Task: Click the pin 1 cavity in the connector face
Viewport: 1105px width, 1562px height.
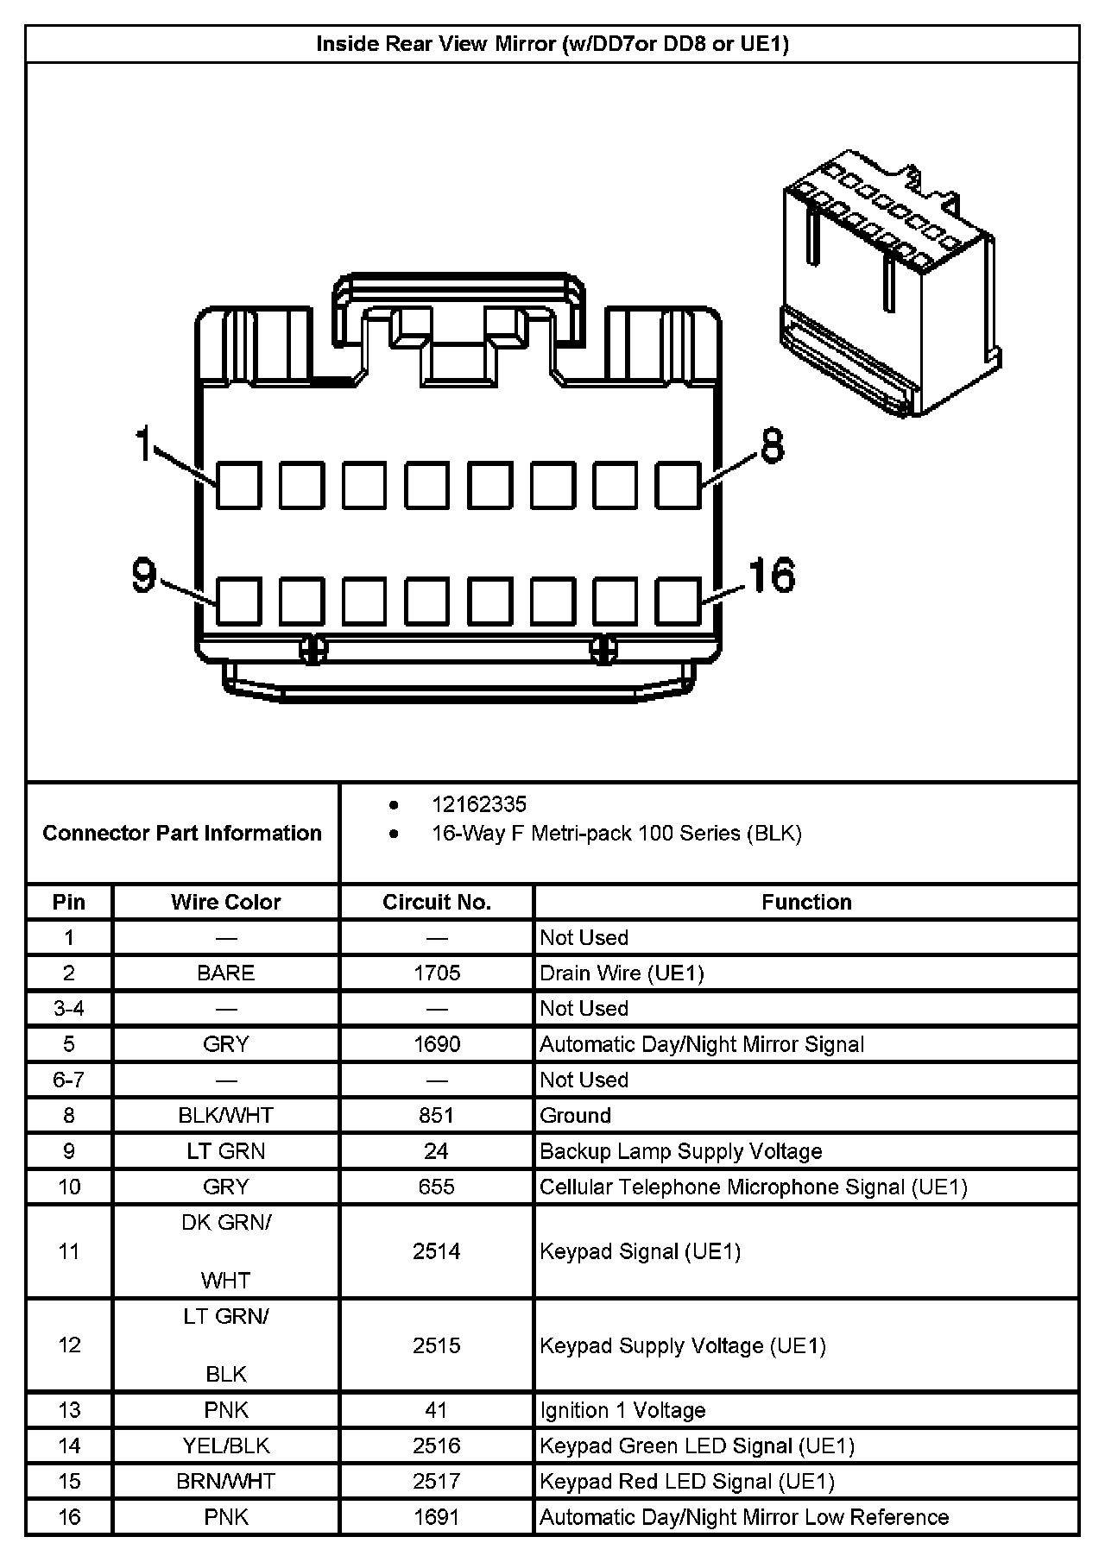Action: (238, 485)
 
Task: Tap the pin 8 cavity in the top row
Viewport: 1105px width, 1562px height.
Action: (678, 485)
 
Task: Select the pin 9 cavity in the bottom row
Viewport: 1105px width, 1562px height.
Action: (238, 601)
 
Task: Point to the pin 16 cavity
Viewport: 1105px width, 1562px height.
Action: (678, 601)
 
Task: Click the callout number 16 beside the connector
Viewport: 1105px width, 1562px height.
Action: (771, 576)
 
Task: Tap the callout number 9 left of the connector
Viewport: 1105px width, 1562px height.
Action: (144, 576)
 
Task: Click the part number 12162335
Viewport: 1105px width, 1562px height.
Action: (479, 804)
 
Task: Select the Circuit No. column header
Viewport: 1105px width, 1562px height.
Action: (437, 902)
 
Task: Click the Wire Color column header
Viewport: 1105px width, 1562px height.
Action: (225, 902)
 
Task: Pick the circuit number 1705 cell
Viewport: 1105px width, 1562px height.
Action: (437, 973)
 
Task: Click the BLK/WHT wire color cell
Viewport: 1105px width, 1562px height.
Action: (225, 1115)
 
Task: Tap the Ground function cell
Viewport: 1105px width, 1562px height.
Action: (576, 1115)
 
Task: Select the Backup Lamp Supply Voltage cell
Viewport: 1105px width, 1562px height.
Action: (680, 1151)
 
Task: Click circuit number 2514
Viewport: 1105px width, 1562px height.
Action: (437, 1251)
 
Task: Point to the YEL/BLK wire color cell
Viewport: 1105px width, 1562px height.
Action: (225, 1445)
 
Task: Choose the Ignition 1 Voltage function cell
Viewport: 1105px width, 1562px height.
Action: (622, 1410)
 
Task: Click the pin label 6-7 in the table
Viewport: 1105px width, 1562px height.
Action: (69, 1080)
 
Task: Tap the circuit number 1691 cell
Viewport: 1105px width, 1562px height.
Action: (437, 1517)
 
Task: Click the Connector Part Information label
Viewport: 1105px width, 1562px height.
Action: (182, 833)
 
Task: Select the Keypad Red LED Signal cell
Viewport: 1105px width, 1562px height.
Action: (687, 1482)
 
